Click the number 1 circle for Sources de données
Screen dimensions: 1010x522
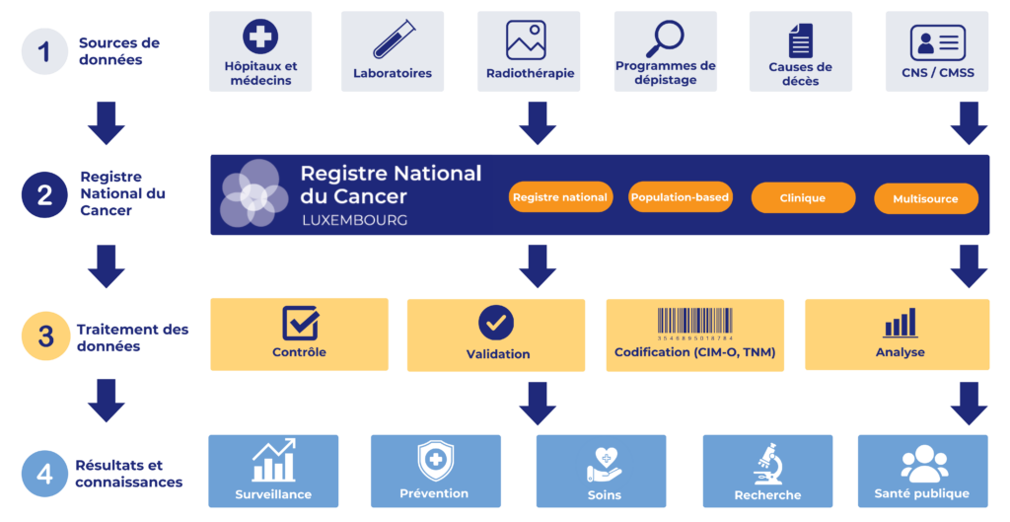click(x=44, y=51)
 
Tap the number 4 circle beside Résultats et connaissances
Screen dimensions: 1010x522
click(x=44, y=474)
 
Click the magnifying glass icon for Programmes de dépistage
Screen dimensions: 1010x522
click(x=665, y=38)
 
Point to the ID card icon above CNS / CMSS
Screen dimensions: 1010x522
click(x=938, y=42)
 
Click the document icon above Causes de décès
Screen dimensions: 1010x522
click(x=801, y=40)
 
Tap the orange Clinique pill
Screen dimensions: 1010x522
click(x=803, y=197)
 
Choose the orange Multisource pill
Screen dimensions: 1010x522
click(x=925, y=199)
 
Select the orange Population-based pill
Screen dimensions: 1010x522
click(x=681, y=197)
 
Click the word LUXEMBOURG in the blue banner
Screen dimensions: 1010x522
click(x=355, y=220)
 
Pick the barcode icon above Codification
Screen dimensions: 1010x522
click(x=695, y=324)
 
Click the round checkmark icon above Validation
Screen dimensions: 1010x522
click(x=496, y=323)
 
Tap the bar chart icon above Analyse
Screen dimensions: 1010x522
click(x=900, y=323)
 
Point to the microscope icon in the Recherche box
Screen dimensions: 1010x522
click(x=767, y=464)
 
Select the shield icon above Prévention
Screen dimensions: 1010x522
click(x=436, y=461)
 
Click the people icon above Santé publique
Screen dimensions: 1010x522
click(x=924, y=463)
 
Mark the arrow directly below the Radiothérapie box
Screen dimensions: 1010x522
click(x=538, y=123)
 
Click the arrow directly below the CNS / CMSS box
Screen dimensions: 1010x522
click(x=969, y=123)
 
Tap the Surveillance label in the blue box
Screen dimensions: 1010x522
click(x=273, y=494)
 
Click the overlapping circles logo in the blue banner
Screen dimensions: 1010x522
click(x=253, y=193)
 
